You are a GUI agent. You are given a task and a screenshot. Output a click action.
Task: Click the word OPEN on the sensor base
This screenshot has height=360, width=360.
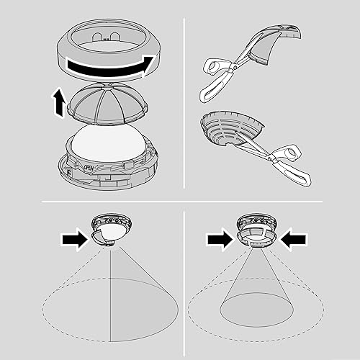coord(89,168)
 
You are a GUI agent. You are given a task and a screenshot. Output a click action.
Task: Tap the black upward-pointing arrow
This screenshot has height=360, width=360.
coord(59,102)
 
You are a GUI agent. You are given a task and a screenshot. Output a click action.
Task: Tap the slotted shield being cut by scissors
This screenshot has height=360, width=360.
coord(230,127)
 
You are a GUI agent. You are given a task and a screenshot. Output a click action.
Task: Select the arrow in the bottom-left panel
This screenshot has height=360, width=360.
coord(74,240)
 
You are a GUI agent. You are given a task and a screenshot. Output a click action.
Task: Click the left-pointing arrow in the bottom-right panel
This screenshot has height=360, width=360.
coord(293,239)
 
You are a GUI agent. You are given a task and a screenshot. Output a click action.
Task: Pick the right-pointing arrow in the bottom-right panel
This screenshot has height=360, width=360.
coord(220,240)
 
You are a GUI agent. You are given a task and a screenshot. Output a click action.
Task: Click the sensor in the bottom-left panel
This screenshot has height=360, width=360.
coord(111,229)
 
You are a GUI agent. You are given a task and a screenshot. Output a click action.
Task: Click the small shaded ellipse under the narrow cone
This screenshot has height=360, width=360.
coord(256,310)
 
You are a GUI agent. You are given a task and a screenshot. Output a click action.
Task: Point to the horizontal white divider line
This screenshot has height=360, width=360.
coord(182,202)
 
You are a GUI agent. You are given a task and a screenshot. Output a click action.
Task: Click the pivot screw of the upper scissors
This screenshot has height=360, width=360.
coord(234,67)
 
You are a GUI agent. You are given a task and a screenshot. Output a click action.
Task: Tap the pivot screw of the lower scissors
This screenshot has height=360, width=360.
coord(271,157)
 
